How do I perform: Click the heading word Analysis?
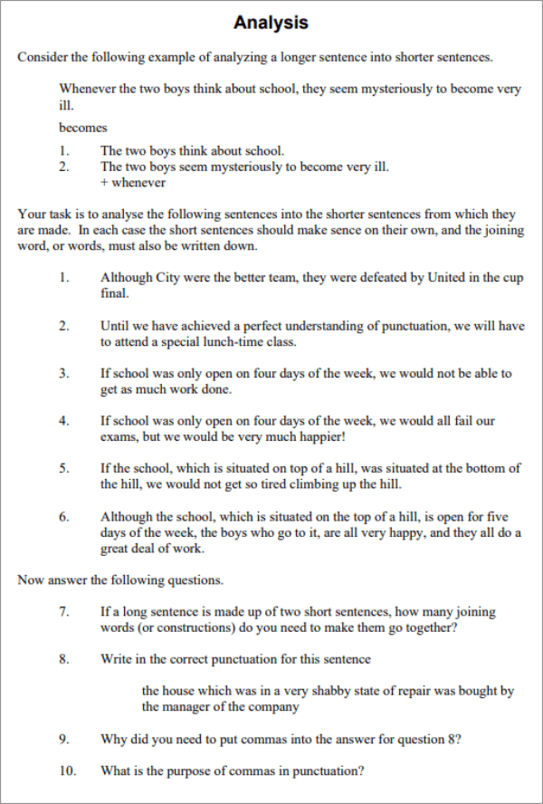click(x=271, y=23)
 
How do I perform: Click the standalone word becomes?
click(x=82, y=128)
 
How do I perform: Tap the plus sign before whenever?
click(x=104, y=182)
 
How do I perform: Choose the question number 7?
click(x=64, y=611)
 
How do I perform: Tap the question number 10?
click(x=67, y=771)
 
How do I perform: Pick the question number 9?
click(x=64, y=739)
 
